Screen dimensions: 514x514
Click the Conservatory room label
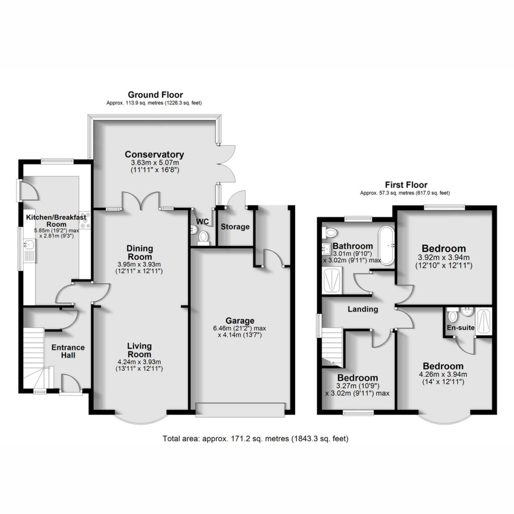click(154, 155)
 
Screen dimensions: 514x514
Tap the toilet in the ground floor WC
click(204, 237)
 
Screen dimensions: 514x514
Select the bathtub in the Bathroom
click(386, 245)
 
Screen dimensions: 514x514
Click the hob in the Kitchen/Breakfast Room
click(85, 219)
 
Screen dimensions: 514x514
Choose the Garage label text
click(240, 321)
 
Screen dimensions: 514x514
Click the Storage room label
click(235, 226)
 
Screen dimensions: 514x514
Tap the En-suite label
click(461, 327)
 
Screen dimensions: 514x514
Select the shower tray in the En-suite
click(484, 321)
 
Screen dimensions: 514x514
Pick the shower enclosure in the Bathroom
click(332, 280)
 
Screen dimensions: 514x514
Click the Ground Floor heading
click(156, 95)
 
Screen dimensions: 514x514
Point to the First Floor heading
click(406, 185)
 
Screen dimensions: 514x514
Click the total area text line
click(255, 438)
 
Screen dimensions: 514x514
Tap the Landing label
click(363, 309)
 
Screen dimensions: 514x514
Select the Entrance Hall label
click(68, 351)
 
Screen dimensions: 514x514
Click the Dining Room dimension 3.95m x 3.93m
click(140, 264)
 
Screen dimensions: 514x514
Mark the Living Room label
click(140, 350)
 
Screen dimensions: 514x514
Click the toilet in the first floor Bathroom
click(329, 233)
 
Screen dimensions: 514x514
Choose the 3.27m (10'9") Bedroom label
click(357, 377)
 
